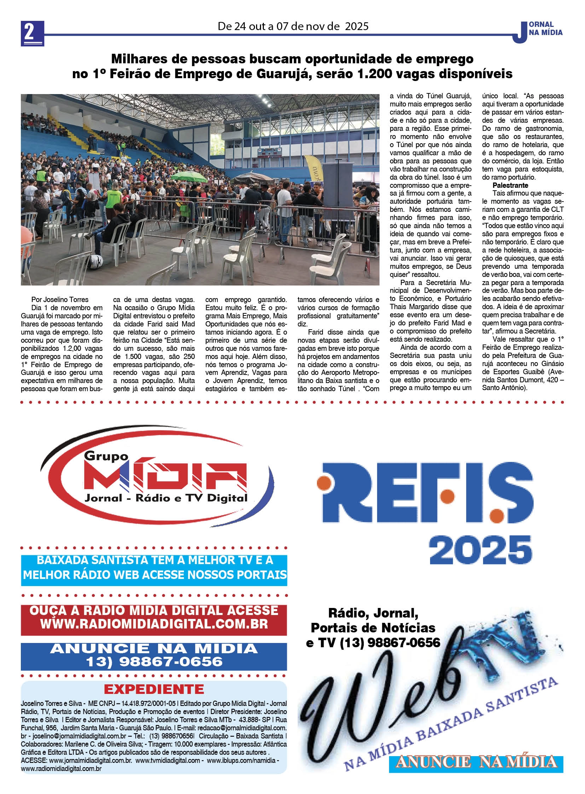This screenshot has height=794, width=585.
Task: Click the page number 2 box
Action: (x=32, y=33)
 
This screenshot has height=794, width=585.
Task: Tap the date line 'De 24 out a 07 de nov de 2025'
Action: (x=293, y=26)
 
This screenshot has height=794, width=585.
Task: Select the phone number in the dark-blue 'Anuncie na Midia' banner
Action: (x=154, y=661)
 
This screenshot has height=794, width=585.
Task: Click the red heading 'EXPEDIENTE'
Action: (x=154, y=689)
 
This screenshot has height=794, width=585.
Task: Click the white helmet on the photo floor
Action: (x=95, y=262)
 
